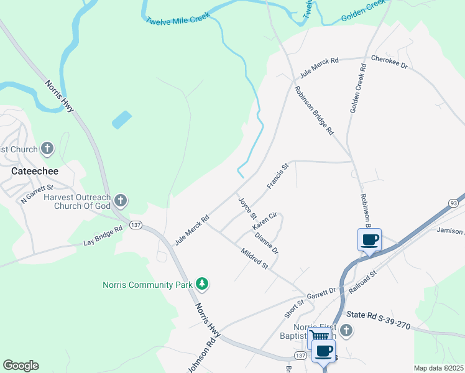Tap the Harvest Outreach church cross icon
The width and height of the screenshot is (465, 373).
click(121, 200)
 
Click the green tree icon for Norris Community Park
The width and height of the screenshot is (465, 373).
click(201, 284)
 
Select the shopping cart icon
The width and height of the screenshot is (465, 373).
click(320, 336)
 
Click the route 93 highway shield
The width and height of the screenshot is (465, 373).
click(455, 203)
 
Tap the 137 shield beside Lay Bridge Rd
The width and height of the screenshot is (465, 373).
click(136, 224)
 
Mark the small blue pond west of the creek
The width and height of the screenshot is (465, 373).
click(122, 119)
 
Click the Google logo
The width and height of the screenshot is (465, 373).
click(21, 366)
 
